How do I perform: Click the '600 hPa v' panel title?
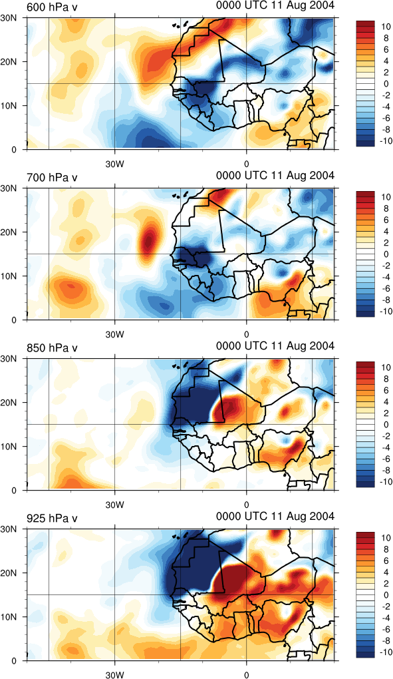click(52, 7)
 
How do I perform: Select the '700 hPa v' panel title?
click(52, 177)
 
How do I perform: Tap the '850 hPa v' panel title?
click(52, 347)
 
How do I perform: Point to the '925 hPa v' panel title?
click(52, 518)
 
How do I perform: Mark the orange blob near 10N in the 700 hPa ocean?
click(70, 288)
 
